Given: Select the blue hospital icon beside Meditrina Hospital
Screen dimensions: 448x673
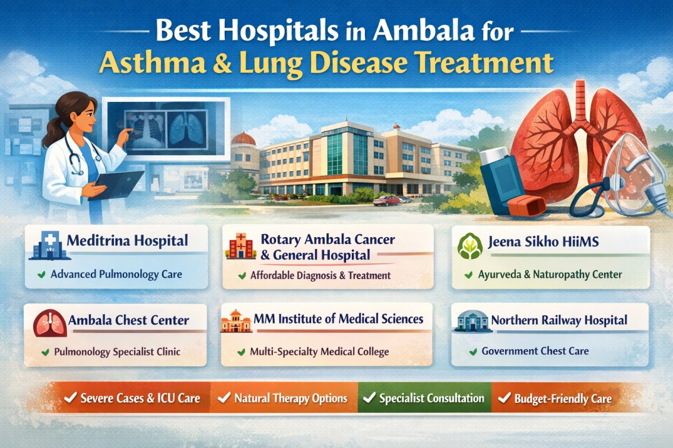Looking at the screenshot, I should (45, 245).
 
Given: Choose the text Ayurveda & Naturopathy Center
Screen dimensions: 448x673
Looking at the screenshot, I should (550, 274).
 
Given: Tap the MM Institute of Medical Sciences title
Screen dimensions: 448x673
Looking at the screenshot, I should (339, 319).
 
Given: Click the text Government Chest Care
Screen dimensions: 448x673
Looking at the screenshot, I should (535, 351).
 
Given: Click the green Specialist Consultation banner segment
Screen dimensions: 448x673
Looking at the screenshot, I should (424, 398).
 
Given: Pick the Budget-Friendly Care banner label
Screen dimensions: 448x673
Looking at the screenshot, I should (562, 399).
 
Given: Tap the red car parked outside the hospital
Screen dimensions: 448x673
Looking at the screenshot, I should (386, 200).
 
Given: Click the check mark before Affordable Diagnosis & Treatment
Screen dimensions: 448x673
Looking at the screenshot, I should (241, 275).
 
